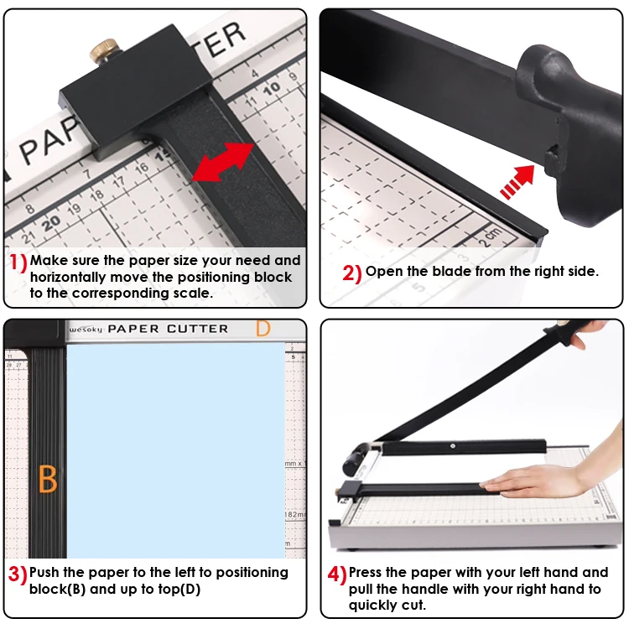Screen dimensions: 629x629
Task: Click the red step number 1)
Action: pyautogui.click(x=18, y=263)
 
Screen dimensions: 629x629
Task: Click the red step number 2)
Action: pyautogui.click(x=352, y=273)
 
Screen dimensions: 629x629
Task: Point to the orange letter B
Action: pyautogui.click(x=48, y=480)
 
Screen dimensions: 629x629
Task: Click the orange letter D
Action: pyautogui.click(x=263, y=330)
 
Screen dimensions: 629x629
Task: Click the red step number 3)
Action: pyautogui.click(x=18, y=574)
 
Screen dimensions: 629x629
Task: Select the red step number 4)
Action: pyautogui.click(x=337, y=575)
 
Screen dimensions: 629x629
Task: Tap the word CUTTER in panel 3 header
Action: pyautogui.click(x=197, y=330)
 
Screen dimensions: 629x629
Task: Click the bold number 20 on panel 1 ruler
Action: pyautogui.click(x=52, y=221)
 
